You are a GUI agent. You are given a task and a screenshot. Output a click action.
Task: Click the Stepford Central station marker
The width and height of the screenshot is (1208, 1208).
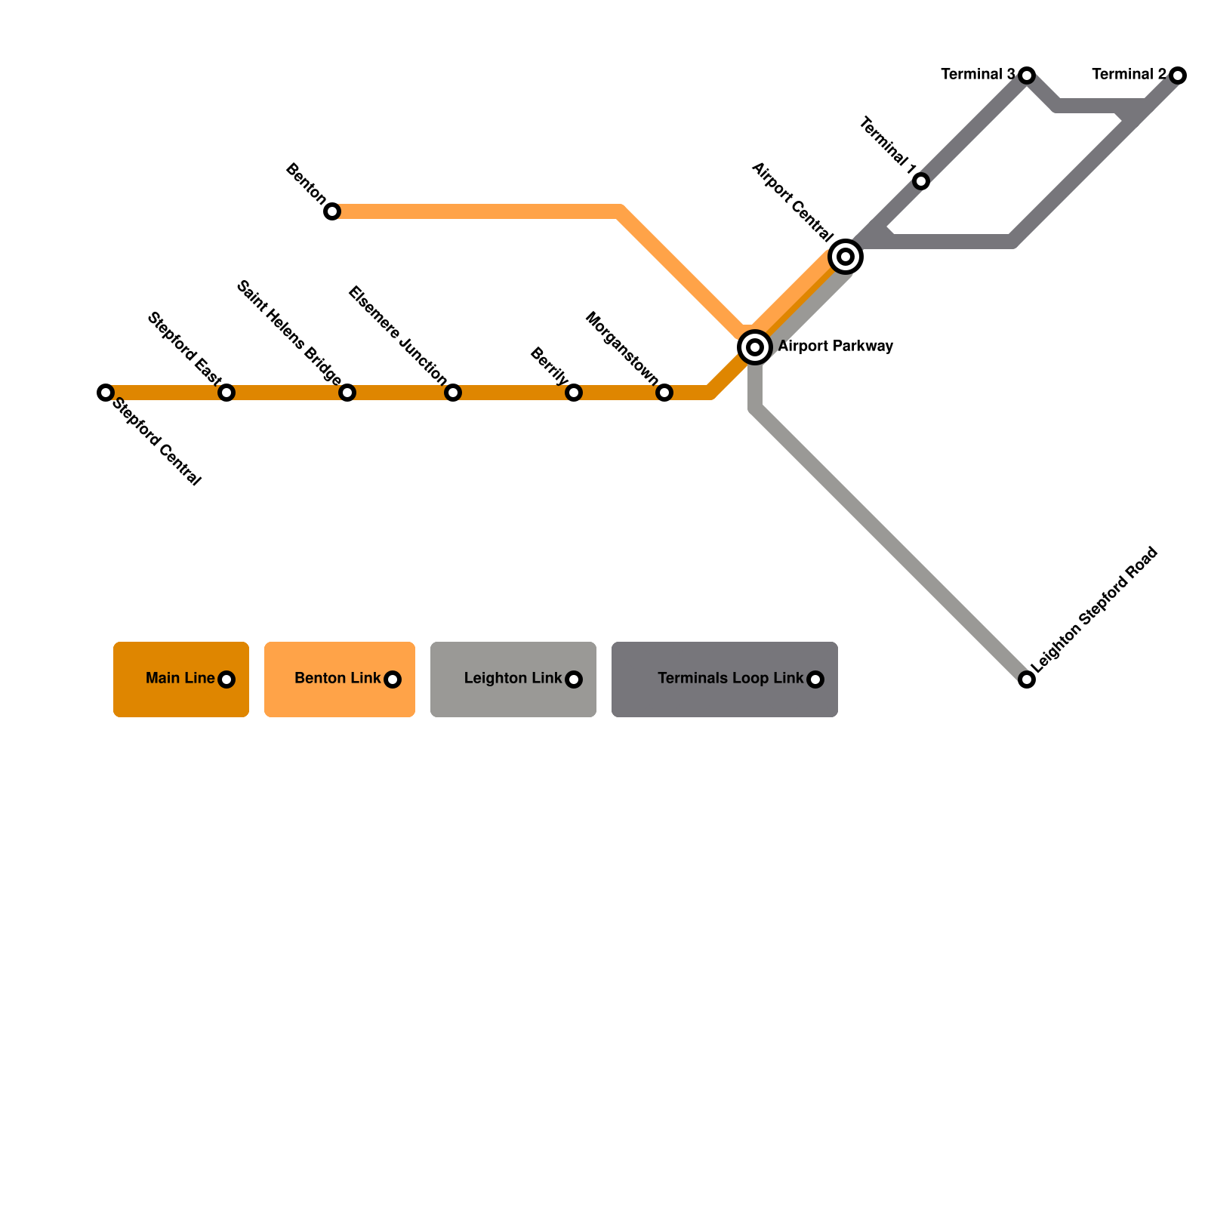[x=106, y=393]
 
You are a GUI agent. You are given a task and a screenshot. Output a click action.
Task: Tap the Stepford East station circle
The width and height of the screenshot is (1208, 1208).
[x=226, y=393]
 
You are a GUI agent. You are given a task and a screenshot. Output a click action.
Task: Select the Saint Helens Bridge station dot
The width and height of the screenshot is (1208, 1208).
[x=347, y=393]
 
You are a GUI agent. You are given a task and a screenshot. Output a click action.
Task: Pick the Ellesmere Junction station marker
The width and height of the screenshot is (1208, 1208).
[x=453, y=393]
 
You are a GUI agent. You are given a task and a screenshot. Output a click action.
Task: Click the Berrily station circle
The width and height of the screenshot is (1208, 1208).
[x=574, y=393]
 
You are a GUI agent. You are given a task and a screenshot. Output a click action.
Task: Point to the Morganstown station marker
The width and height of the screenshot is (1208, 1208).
[x=664, y=393]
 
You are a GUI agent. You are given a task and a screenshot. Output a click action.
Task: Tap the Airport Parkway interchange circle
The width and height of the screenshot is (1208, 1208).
[x=755, y=347]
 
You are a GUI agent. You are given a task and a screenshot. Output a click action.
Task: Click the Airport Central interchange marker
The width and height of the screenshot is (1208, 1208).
[x=846, y=257]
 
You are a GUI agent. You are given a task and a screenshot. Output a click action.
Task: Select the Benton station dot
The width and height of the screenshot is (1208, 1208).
[x=332, y=211]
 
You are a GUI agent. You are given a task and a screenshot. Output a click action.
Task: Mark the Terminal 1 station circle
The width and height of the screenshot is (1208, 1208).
[x=921, y=181]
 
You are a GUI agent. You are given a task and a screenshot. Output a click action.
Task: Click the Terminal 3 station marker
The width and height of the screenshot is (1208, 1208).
[x=1027, y=75]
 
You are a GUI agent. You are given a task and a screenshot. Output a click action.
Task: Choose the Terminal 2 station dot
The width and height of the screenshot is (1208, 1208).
[x=1178, y=75]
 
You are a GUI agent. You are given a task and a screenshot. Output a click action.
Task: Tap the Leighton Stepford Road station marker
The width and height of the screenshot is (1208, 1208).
[x=1027, y=679]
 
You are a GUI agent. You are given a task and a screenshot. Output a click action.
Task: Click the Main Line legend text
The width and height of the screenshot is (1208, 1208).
[x=180, y=678]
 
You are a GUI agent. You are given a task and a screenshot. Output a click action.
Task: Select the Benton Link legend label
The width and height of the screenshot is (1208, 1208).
[x=337, y=678]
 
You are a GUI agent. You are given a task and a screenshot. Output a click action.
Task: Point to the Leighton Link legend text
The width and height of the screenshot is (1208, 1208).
[x=513, y=678]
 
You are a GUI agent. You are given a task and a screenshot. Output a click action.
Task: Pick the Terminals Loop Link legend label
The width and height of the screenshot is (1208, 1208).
[x=730, y=678]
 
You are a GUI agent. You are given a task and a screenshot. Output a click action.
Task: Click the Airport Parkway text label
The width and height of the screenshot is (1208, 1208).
[x=836, y=347]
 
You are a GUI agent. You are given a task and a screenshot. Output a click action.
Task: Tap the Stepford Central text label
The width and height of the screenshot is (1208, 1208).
[x=157, y=442]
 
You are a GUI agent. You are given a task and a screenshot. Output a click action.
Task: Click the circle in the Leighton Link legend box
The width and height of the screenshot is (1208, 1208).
[x=574, y=679]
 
